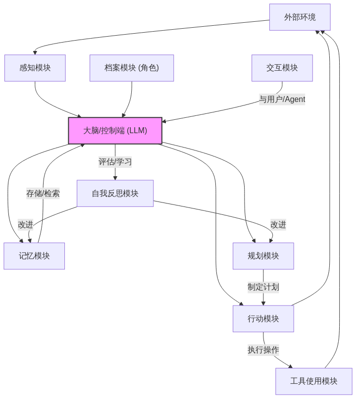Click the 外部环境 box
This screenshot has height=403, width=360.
[x=300, y=17]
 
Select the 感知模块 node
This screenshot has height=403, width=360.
[x=35, y=68]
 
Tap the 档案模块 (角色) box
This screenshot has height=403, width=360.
[x=131, y=68]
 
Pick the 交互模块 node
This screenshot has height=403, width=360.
[x=282, y=68]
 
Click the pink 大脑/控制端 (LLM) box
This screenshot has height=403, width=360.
[x=115, y=131]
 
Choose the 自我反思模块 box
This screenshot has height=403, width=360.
[x=115, y=193]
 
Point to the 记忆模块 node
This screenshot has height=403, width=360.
[x=34, y=256]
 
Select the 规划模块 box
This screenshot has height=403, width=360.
[x=263, y=256]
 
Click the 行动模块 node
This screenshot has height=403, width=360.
[x=263, y=318]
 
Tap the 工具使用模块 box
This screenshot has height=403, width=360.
[x=313, y=381]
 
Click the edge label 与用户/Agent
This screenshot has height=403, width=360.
[x=282, y=99]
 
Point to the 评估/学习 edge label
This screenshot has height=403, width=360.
[x=115, y=162]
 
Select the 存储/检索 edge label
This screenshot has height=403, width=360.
[x=43, y=193]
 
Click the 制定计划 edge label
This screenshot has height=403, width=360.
[x=263, y=287]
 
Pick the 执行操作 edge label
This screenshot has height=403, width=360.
[x=263, y=350]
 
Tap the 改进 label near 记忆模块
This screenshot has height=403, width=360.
[x=26, y=224]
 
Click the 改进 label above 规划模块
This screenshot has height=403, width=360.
[x=278, y=224]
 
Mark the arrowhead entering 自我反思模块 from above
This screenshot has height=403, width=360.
[x=115, y=177]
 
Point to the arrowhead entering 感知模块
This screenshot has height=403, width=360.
[x=35, y=52]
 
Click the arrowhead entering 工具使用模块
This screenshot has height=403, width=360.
[x=290, y=366]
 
